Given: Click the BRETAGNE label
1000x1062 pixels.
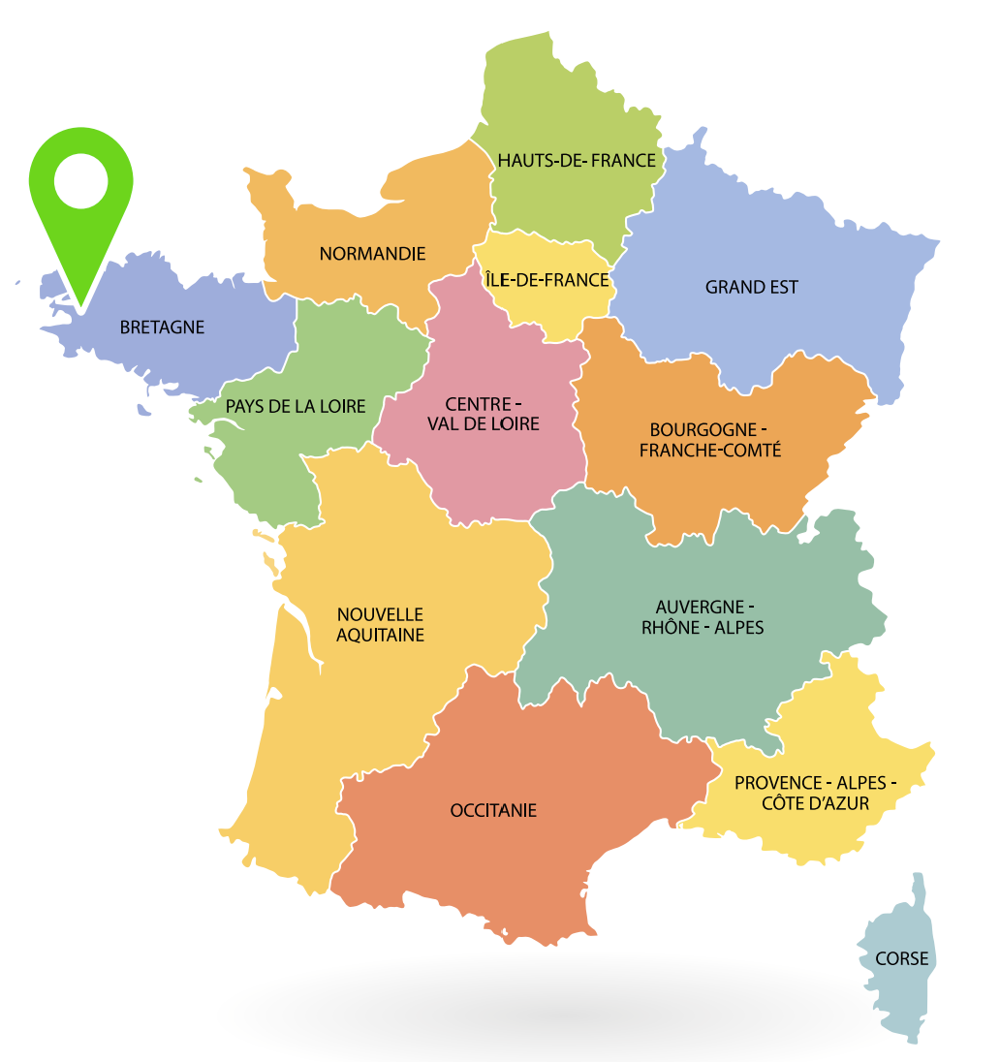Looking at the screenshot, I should click(162, 328).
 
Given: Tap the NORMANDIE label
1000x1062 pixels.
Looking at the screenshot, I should click(372, 254).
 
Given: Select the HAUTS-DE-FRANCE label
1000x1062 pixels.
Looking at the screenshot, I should click(577, 160).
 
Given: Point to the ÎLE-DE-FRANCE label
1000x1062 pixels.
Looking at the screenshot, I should click(548, 280).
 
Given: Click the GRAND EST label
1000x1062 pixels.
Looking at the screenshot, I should click(751, 287).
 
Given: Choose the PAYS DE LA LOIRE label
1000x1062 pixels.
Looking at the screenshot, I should click(296, 406).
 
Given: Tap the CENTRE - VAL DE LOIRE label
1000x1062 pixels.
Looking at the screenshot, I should click(483, 414).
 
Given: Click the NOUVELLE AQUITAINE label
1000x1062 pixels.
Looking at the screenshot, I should click(380, 625).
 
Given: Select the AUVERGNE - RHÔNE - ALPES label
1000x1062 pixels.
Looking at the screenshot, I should click(702, 617).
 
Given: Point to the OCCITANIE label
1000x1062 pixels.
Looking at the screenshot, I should click(493, 810).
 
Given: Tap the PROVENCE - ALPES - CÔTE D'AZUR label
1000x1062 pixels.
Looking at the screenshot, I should click(815, 793).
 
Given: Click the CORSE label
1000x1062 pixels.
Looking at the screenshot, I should click(901, 959).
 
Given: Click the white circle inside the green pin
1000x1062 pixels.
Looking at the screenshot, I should click(81, 181).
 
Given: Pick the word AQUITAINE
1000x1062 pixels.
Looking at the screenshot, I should click(380, 636).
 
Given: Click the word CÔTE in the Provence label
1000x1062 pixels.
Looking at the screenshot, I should click(785, 803).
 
